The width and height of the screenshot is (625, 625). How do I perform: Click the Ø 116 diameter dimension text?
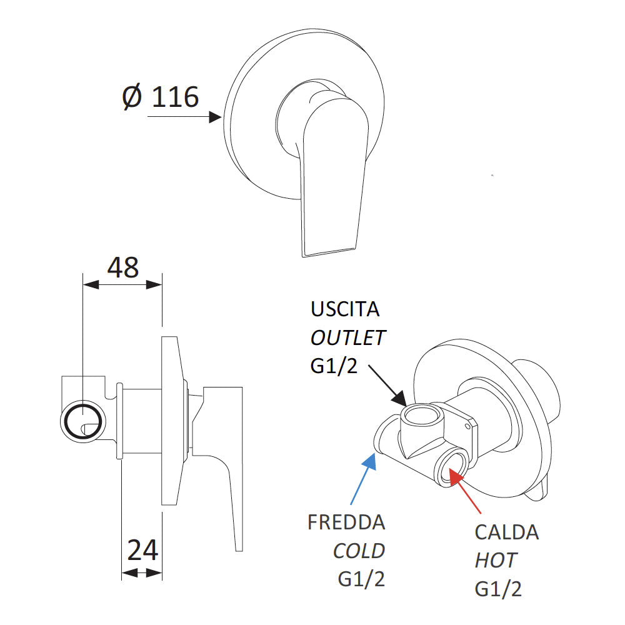[x=161, y=98]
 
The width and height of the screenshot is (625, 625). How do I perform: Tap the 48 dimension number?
[x=122, y=267]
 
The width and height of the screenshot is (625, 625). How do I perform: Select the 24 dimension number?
[x=142, y=551]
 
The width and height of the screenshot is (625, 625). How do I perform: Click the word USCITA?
[x=345, y=309]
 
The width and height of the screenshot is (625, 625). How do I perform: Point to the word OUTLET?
[x=348, y=338]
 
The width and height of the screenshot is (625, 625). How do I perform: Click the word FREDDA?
[x=346, y=522]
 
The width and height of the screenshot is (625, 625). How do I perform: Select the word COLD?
[x=359, y=551]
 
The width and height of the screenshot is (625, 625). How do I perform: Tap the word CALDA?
[x=507, y=532]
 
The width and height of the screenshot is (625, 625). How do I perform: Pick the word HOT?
[x=496, y=561]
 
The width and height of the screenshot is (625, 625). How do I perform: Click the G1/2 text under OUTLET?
[x=334, y=366]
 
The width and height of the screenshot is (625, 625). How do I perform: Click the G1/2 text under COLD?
[x=361, y=579]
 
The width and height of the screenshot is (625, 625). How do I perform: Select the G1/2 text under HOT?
[x=498, y=589]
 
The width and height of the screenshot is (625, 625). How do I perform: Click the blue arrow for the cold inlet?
[x=362, y=478]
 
